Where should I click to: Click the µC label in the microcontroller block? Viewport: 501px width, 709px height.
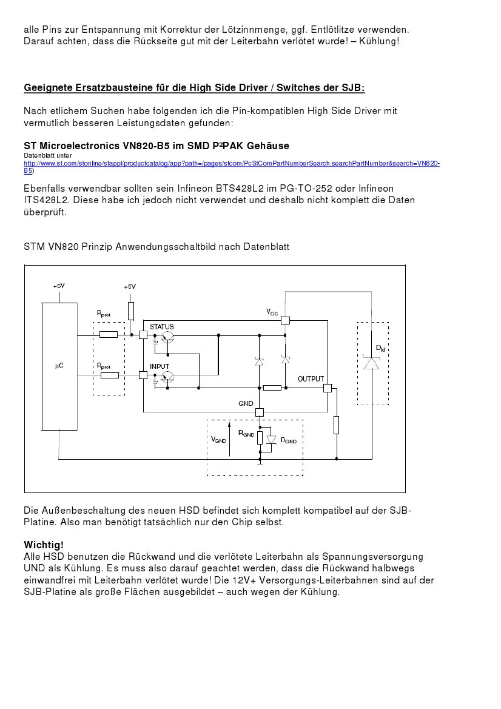pos(59,366)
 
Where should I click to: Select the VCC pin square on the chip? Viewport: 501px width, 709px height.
pos(285,320)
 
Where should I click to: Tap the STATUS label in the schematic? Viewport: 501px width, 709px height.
pos(161,327)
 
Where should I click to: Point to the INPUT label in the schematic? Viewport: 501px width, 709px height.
pos(160,367)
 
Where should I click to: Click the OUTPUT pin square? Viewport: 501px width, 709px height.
pos(328,388)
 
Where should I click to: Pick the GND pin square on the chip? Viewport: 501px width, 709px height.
pos(260,412)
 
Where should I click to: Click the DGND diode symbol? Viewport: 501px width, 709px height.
pos(271,439)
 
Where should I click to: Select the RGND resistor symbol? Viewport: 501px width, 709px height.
pos(260,438)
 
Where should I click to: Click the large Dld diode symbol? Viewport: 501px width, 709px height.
pos(371,363)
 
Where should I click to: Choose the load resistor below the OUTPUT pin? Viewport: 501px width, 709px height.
pos(336,425)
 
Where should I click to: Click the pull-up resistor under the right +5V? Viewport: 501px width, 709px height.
pos(131,311)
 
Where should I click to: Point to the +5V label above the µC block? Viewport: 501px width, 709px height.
pos(59,286)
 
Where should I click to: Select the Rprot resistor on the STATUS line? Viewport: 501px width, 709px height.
pos(109,334)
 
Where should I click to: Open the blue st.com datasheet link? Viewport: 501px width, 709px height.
pos(231,164)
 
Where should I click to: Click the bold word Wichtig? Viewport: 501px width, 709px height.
pos(44,544)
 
